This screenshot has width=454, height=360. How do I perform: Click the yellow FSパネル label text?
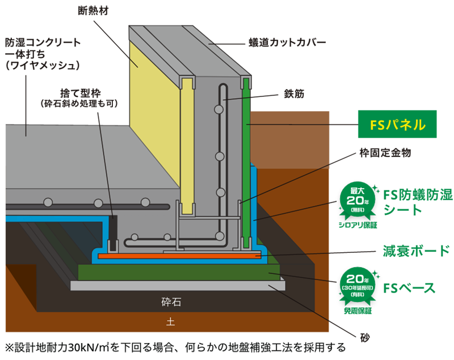coord(397,125)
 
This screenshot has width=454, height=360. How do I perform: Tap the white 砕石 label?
coord(171,303)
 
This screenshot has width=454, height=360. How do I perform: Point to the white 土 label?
coord(170,322)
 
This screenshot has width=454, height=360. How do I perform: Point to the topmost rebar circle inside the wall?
coord(218,109)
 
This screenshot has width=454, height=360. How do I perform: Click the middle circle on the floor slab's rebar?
coord(98,202)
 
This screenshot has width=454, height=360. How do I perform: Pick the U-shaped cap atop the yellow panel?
coord(186,82)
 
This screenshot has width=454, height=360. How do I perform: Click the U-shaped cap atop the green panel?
coord(246,82)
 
